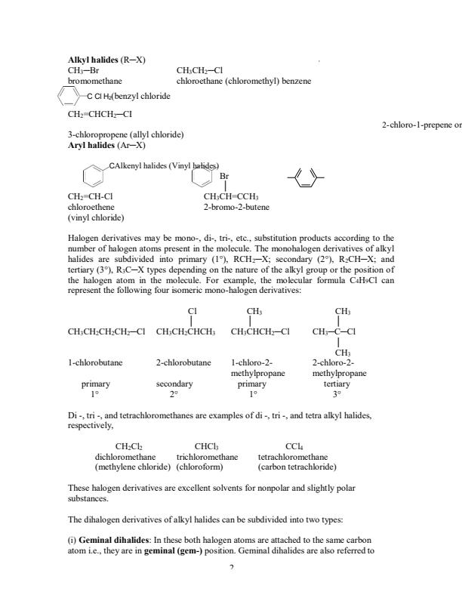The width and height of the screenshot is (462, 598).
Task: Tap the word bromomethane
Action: point(95,79)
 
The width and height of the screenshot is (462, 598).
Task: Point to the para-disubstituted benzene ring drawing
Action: point(306,180)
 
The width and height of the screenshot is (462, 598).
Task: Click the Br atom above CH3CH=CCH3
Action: point(224,176)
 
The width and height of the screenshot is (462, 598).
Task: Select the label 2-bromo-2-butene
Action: point(236,206)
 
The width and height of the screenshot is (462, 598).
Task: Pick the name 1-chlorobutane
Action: point(95,362)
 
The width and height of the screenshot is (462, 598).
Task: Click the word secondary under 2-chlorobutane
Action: point(174,384)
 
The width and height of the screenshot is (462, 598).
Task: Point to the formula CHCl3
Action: point(206,446)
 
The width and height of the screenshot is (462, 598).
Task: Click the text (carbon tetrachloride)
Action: point(297,467)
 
